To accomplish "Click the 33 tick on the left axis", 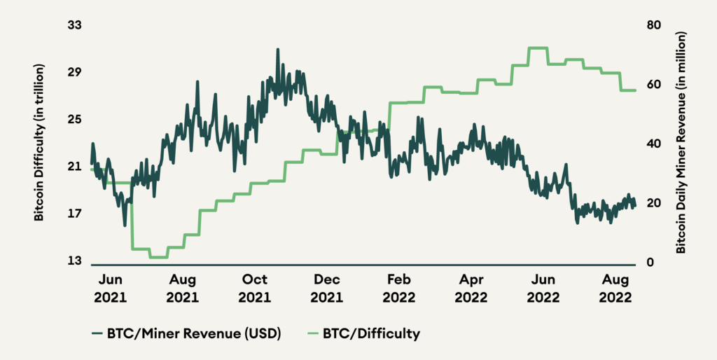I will [x=74, y=25].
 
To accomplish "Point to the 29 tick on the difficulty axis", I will [x=74, y=72].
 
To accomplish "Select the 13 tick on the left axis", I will [x=74, y=261].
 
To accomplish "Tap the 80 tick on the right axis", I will [x=654, y=25].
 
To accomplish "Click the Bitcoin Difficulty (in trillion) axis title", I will [x=40, y=143].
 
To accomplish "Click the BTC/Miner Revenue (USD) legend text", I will [x=194, y=333].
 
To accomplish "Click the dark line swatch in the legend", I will [x=97, y=333].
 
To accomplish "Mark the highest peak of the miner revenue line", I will [x=278, y=50].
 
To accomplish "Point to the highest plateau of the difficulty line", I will [x=538, y=48].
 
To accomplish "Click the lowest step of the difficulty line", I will [x=158, y=257].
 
